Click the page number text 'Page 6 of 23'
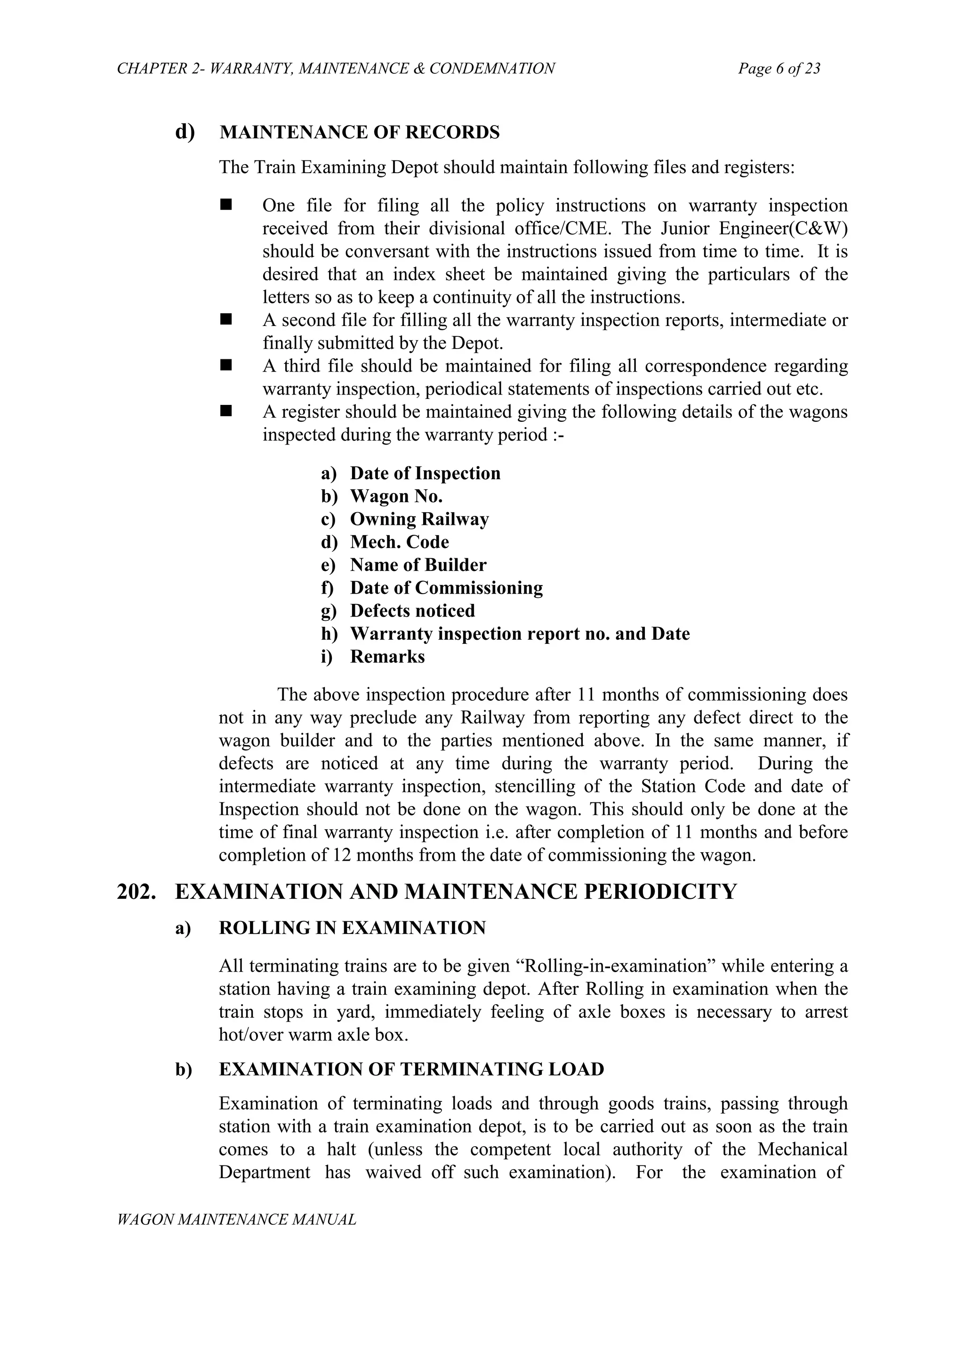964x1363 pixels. click(779, 69)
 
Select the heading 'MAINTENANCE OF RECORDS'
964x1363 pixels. click(359, 132)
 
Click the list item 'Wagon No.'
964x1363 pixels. click(396, 496)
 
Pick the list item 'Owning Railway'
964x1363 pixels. click(419, 519)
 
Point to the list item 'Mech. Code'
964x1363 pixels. click(399, 542)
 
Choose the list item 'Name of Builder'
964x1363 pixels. click(418, 565)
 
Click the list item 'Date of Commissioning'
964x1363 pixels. click(446, 588)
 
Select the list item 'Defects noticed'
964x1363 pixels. click(412, 611)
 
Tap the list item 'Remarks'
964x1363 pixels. click(387, 657)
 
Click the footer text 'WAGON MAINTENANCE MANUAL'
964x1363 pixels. click(236, 1220)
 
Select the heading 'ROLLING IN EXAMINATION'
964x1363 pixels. click(352, 928)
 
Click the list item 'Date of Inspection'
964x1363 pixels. click(425, 474)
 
